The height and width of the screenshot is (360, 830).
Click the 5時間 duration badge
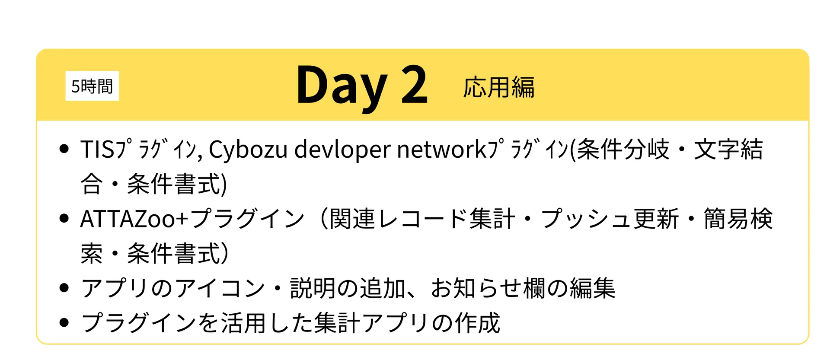point(92,86)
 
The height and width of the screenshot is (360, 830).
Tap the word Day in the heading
point(342,87)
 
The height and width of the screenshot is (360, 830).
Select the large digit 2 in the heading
point(414,84)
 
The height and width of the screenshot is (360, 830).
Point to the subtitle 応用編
point(499,87)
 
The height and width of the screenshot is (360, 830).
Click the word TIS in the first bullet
point(97,150)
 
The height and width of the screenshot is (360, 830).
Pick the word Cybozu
point(248,150)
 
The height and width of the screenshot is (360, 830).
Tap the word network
point(442,150)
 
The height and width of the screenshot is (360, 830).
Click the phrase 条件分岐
point(623,150)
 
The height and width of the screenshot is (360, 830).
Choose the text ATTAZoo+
point(134,219)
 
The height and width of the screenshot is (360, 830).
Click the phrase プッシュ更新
point(610,218)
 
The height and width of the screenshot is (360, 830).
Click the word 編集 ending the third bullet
point(592,288)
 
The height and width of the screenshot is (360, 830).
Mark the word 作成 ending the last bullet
point(477,322)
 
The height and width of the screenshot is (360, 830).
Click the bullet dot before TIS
point(64,149)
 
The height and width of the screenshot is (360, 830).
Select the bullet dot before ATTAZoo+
point(64,218)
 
